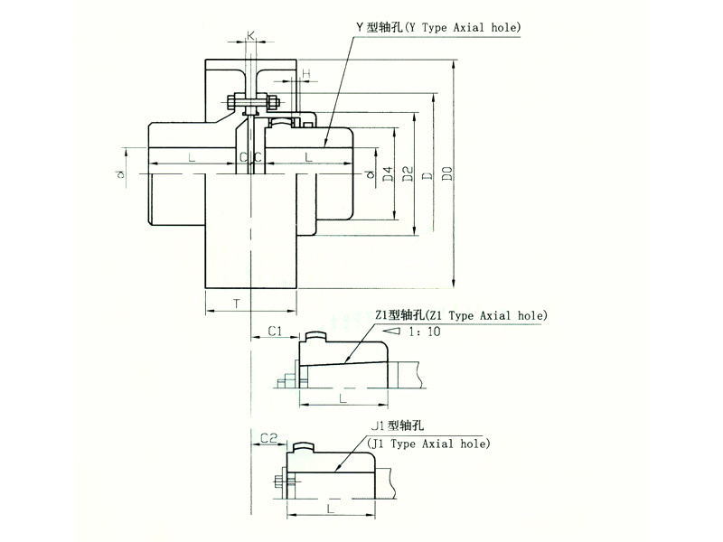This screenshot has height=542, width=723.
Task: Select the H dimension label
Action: point(306,73)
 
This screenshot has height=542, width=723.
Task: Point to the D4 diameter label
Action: point(388,173)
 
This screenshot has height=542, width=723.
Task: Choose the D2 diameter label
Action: point(408,173)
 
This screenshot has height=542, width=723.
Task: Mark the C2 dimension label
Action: point(268,438)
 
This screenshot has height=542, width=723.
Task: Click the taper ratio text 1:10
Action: point(425,332)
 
